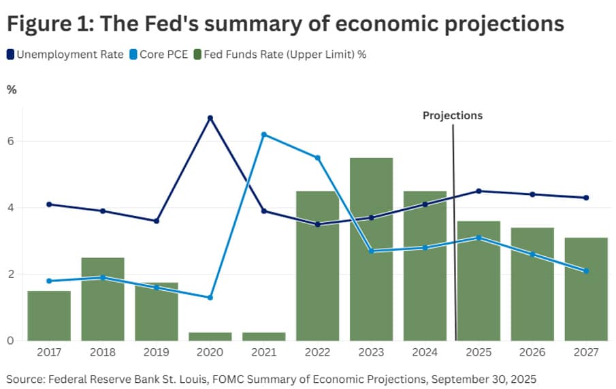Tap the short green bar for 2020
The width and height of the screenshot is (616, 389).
point(210,337)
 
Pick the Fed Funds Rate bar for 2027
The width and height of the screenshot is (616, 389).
point(586,289)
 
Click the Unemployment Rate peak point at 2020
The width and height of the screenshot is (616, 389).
point(210,118)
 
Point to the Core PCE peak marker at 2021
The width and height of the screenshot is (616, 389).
point(263,134)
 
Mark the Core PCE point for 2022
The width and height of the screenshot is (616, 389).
point(317,157)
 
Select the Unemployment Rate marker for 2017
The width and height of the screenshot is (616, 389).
point(49,204)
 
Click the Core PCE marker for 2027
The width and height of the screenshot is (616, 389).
point(586,271)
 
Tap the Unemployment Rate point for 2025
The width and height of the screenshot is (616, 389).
point(479,191)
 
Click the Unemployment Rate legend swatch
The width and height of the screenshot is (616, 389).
point(12,55)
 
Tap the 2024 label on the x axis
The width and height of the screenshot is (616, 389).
point(425,353)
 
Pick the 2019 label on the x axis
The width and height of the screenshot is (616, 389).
point(157,353)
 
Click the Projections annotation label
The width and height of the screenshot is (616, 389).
point(453,115)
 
